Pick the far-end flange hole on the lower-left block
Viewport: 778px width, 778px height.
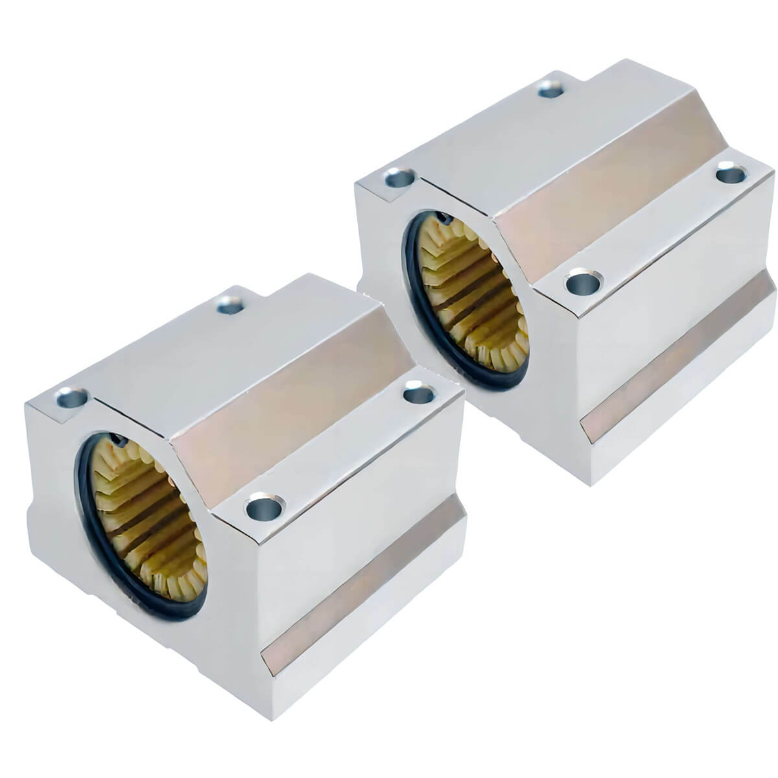point(419,392)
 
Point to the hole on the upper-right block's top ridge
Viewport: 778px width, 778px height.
point(550,89)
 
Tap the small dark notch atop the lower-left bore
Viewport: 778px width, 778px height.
point(119,440)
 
